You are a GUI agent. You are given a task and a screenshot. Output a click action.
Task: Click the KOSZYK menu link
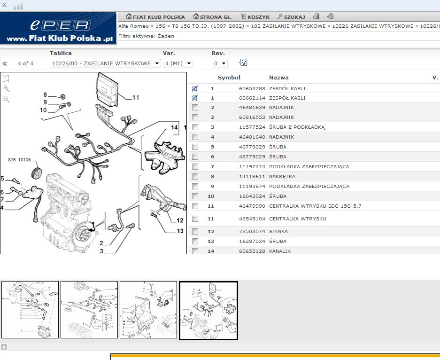255,17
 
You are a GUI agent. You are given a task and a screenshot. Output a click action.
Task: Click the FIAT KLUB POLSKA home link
155,17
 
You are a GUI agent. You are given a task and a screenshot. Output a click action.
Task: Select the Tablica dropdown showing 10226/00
105,63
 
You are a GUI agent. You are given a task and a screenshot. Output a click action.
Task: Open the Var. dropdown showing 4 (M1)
178,63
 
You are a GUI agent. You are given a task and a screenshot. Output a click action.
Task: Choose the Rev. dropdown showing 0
219,63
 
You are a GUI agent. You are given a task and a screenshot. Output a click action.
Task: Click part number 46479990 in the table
252,206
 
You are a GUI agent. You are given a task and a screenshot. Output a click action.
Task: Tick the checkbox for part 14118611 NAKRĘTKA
195,177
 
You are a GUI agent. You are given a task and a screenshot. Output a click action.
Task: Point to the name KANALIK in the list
280,251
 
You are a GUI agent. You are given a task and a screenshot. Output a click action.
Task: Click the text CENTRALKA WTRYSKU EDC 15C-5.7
315,206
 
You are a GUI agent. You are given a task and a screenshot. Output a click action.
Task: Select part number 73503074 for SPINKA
252,232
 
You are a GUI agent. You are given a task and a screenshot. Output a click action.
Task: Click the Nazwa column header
278,78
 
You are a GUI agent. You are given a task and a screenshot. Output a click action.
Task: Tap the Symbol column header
229,78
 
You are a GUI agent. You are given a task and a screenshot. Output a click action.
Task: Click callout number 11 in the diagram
136,98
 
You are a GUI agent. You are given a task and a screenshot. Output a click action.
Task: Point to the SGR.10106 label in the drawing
19,160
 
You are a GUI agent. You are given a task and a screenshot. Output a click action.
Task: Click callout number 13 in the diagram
180,231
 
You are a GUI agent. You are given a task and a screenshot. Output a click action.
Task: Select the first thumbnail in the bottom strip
30,310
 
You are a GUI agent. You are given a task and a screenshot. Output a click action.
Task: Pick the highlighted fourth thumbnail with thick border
208,310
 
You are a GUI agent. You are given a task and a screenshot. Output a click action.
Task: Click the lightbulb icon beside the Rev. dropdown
243,63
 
